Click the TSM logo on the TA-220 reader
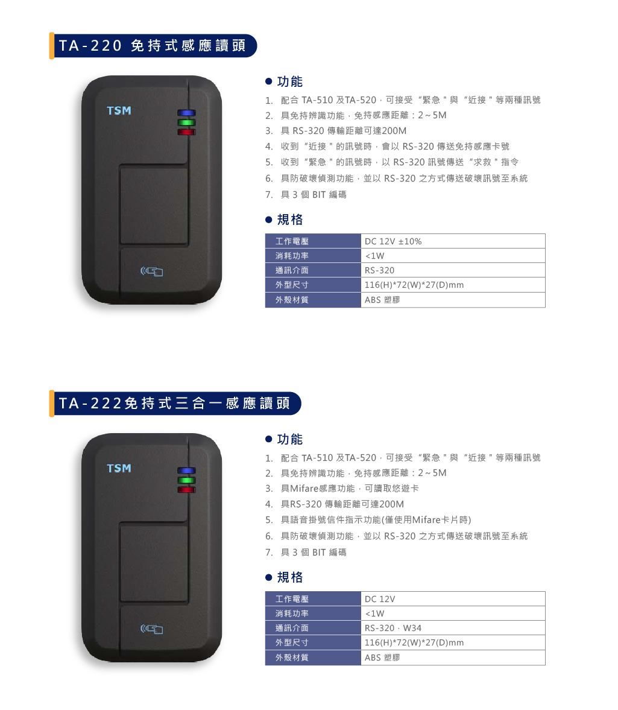point(119,110)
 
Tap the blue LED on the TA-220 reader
point(186,113)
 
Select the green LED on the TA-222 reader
point(186,480)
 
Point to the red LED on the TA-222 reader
point(186,489)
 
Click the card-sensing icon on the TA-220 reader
point(151,271)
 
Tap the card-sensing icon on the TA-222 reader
point(151,629)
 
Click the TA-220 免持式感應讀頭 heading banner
point(153,46)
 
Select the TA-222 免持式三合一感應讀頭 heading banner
point(175,404)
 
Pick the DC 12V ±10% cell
point(453,241)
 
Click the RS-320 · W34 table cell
point(453,627)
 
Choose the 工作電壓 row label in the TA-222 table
point(313,598)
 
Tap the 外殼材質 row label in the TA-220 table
point(313,300)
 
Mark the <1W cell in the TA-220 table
point(453,255)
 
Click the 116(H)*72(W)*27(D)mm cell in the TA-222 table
point(453,642)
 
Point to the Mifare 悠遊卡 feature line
point(342,488)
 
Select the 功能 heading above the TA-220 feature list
point(284,81)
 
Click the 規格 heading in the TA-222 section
point(284,577)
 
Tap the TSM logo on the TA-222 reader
point(119,468)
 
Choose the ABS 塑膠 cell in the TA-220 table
point(453,300)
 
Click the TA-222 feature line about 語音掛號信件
point(368,520)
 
